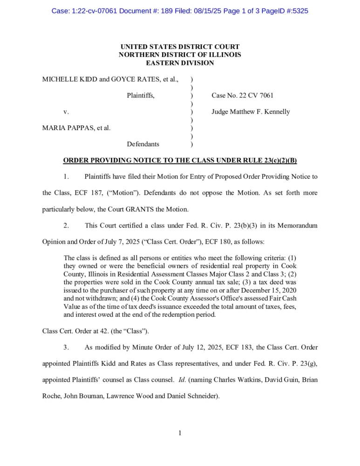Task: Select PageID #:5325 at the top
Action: point(284,10)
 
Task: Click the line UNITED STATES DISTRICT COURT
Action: point(180,47)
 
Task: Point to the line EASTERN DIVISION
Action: point(180,62)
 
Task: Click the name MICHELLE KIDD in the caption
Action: point(69,79)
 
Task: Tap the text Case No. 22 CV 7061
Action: point(242,96)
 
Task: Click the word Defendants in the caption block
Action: point(143,144)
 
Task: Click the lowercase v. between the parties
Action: point(66,112)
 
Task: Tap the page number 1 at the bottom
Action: point(180,433)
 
